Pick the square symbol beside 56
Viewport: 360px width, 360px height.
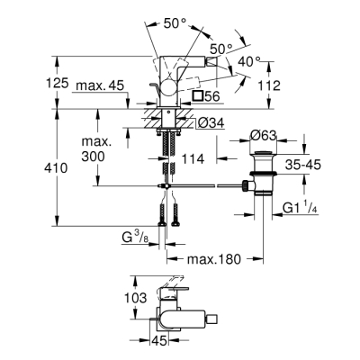click(199, 94)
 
